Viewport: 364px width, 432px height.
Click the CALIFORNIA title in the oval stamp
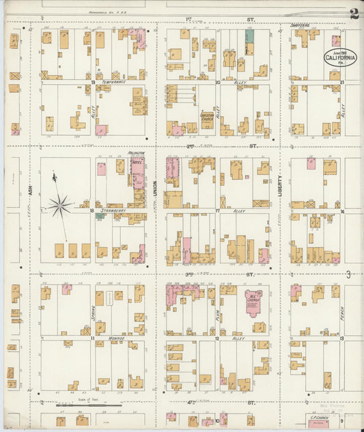339,59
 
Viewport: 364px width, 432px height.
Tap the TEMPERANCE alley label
115,81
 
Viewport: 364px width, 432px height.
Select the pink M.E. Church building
253,301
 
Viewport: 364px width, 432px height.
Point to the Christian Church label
208,116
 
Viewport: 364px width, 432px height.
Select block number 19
92,82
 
